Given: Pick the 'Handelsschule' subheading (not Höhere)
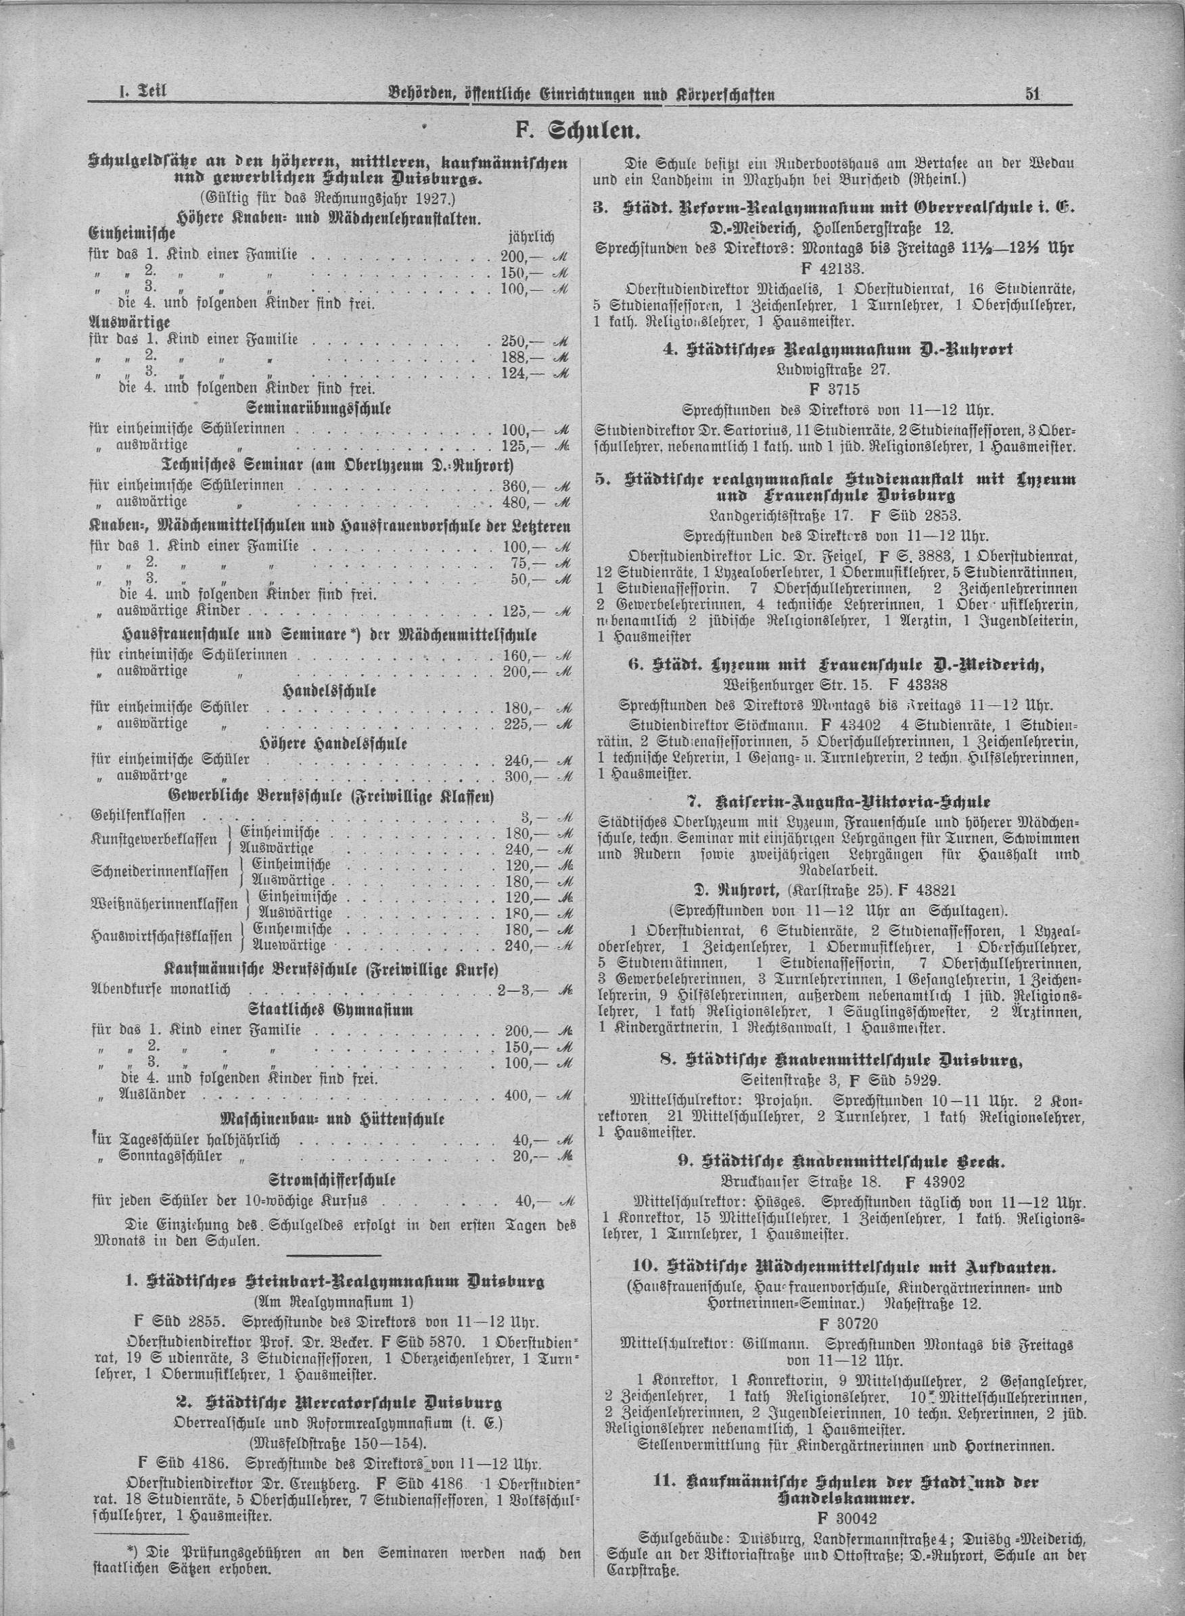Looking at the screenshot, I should [x=330, y=690].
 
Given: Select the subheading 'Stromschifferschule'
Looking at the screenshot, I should [x=332, y=1179].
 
